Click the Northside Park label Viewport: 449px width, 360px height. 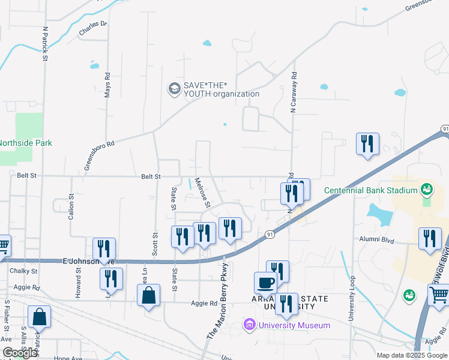(x=26, y=143)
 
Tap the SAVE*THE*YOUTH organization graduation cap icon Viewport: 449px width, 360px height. (x=175, y=89)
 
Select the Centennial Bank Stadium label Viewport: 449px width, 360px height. (x=370, y=191)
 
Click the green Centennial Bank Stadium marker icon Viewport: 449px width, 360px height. (x=427, y=190)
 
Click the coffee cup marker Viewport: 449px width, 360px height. (x=265, y=283)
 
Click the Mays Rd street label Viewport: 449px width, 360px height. (x=107, y=86)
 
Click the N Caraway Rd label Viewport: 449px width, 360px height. (x=294, y=90)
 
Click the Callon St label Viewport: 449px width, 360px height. (x=71, y=206)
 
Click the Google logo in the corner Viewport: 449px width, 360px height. (x=20, y=353)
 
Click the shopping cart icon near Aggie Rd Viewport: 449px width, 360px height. (x=438, y=295)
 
